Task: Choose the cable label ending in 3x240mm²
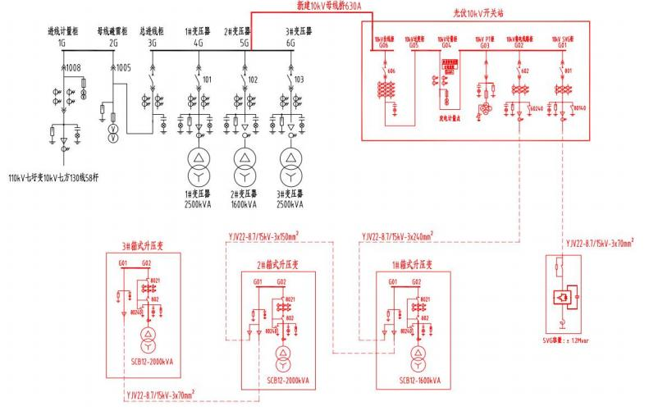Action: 397,236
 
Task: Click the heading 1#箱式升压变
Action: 411,265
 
